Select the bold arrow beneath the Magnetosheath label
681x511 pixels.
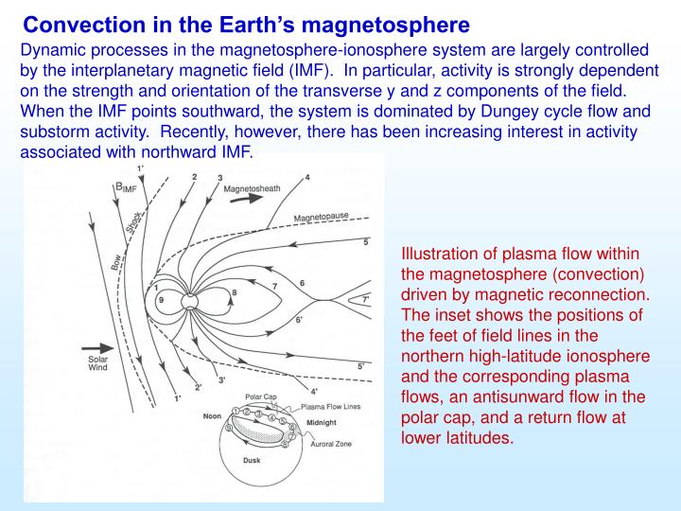249,202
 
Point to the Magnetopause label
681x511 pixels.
321,217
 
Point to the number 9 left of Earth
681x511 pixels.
162,301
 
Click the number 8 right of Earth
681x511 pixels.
234,293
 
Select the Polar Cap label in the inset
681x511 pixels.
260,397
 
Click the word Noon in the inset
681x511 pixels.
213,414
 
